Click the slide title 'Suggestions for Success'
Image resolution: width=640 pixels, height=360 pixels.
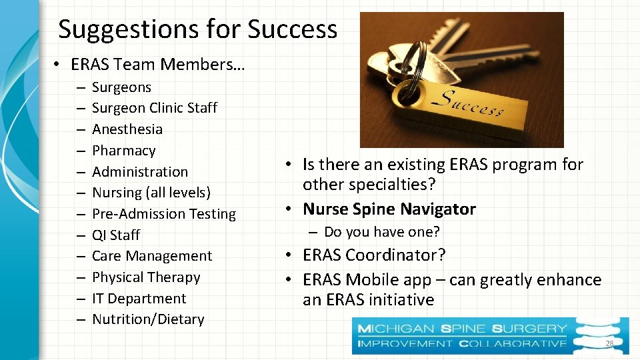(x=197, y=29)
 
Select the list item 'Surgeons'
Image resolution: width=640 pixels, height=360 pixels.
(x=121, y=87)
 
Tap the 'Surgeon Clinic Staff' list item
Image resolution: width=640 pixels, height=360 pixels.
(x=154, y=108)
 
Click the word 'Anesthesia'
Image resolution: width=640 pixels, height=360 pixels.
(x=127, y=129)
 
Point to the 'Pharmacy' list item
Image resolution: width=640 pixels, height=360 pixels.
(x=123, y=151)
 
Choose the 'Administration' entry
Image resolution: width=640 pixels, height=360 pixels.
(x=140, y=172)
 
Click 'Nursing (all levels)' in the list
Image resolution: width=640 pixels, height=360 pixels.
(x=151, y=193)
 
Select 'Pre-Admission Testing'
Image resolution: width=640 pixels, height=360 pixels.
(x=164, y=214)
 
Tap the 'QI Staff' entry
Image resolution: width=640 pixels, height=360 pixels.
(x=116, y=235)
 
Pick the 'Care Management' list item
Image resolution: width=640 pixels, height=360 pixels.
(x=152, y=256)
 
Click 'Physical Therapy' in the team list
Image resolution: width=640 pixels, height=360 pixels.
(x=146, y=277)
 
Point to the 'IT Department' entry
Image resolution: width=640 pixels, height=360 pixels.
(x=139, y=299)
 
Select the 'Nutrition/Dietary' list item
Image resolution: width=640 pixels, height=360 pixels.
(x=148, y=319)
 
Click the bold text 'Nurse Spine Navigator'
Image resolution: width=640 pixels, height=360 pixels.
(x=389, y=209)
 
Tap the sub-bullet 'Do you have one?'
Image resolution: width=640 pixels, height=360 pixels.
(x=381, y=232)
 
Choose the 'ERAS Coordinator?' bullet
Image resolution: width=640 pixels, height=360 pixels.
(x=374, y=255)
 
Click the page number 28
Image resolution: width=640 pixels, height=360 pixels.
(x=609, y=343)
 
